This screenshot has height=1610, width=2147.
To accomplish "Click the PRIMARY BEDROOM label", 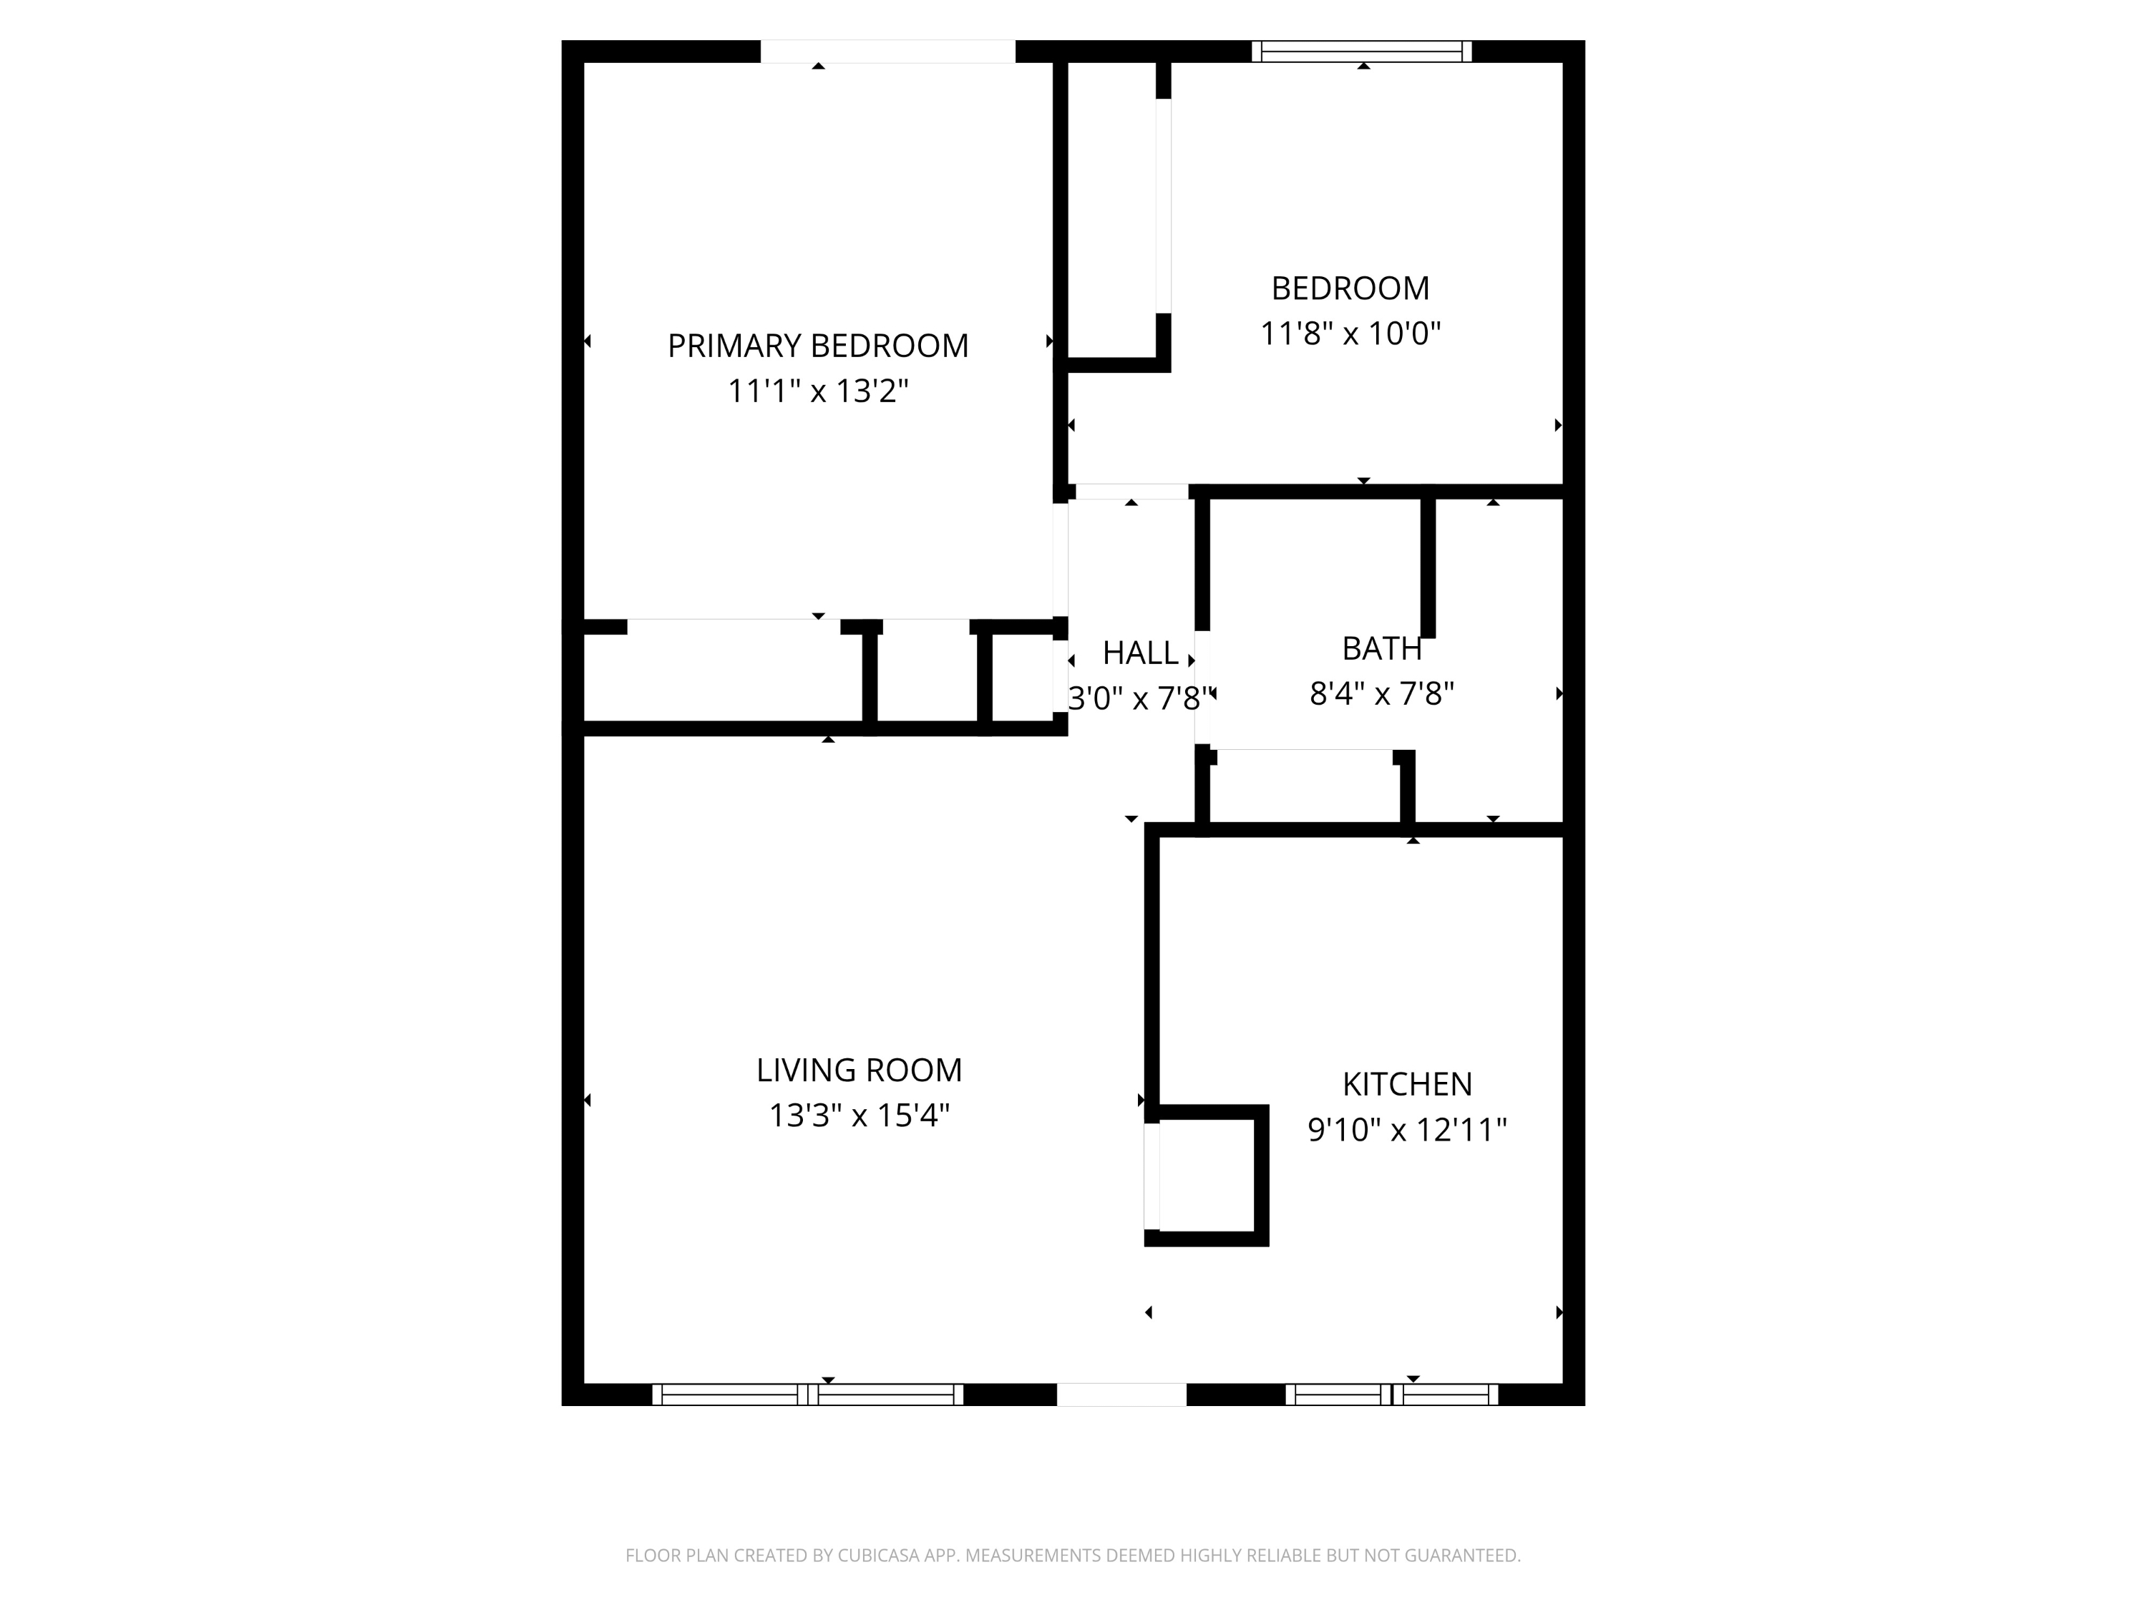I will [817, 346].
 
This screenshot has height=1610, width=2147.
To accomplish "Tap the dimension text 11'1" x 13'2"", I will [817, 391].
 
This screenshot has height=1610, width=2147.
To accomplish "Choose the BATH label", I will [1381, 648].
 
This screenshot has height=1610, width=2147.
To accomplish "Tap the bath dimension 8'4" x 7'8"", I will [1381, 694].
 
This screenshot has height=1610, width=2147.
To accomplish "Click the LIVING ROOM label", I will [858, 1070].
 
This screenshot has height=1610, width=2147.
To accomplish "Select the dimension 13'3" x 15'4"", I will [858, 1115].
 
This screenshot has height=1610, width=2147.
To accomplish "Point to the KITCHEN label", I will [1406, 1083].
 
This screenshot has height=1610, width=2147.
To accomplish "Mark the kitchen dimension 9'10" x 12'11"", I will [1406, 1130].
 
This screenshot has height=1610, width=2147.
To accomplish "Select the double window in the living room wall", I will [807, 1395].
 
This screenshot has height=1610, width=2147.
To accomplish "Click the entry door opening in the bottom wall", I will [1121, 1395].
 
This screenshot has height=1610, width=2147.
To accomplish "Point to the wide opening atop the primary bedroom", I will [887, 52].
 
